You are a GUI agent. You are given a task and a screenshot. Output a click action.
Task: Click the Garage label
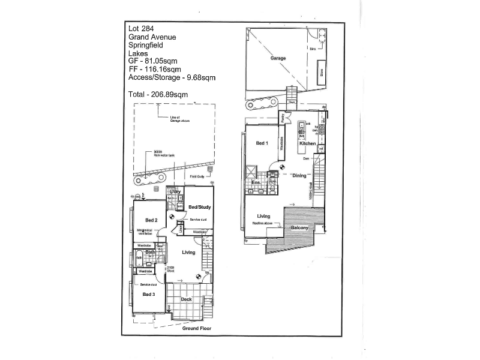tap(278, 59)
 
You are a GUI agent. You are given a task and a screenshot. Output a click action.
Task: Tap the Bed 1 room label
tap(262, 143)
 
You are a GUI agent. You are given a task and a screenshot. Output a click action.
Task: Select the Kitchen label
tap(308, 144)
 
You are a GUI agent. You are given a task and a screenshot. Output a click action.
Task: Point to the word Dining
tap(299, 176)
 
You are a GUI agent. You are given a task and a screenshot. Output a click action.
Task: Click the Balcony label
tap(299, 228)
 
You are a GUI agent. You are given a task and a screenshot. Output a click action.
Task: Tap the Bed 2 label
tap(151, 220)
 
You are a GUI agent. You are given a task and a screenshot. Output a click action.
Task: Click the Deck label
tap(186, 299)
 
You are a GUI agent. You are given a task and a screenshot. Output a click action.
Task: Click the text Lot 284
tap(141, 28)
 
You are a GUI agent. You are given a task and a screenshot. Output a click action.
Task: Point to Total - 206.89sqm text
tap(158, 95)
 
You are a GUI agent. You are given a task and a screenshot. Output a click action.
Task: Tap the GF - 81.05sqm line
tap(153, 61)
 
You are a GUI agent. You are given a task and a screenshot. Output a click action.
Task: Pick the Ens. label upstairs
tap(255, 183)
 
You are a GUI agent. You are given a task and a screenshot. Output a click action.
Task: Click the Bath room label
tap(150, 253)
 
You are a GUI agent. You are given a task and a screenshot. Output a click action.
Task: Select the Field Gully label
tap(197, 176)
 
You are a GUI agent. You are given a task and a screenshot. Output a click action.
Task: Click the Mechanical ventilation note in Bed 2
tap(147, 232)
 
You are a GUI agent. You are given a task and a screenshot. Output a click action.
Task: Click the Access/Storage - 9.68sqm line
tap(172, 78)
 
